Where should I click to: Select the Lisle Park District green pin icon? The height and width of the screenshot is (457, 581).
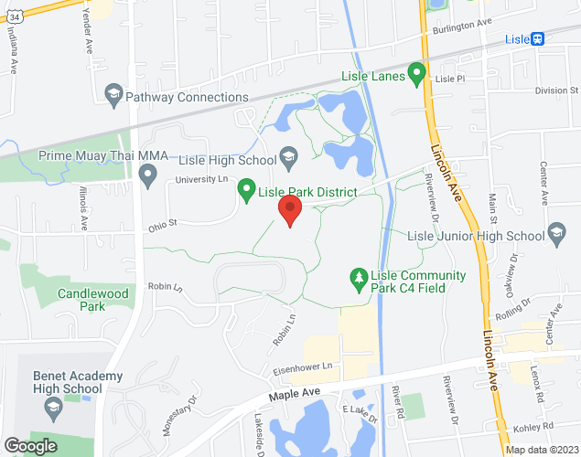click(246, 190)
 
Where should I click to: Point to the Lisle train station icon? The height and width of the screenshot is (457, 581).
click(539, 39)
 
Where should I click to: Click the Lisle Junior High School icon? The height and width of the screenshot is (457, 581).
click(556, 234)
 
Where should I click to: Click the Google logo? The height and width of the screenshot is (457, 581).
click(30, 445)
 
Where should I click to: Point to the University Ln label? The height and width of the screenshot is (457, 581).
click(200, 180)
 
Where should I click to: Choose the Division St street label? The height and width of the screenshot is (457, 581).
click(556, 90)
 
